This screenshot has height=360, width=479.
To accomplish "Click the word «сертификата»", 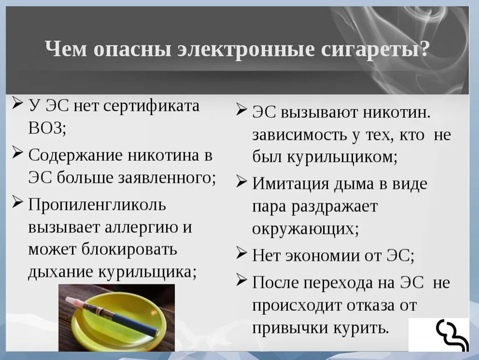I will click(x=151, y=106).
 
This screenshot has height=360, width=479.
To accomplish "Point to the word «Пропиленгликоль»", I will click(x=97, y=205).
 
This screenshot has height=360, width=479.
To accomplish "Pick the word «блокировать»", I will click(x=129, y=250).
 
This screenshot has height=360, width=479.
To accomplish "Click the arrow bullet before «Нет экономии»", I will click(x=242, y=253).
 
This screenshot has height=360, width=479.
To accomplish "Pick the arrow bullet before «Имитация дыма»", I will click(x=242, y=182).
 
